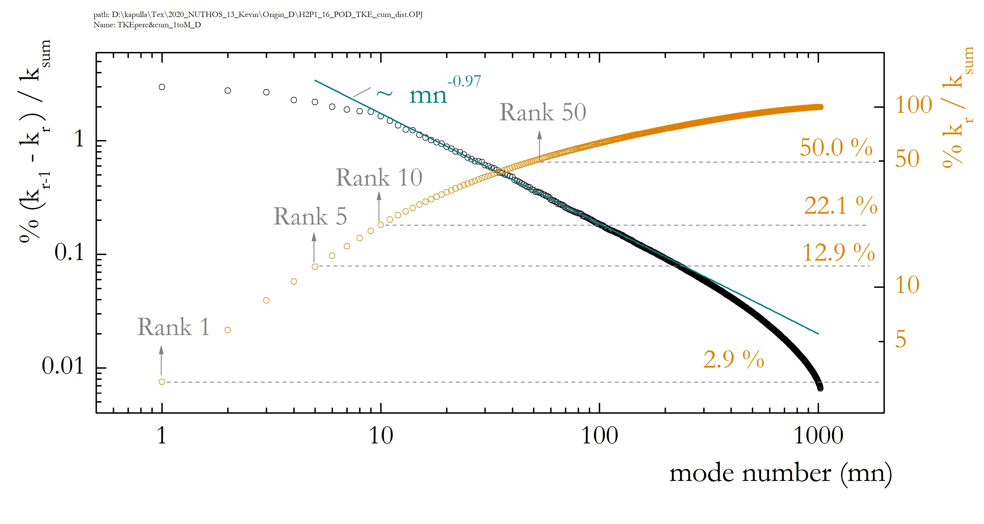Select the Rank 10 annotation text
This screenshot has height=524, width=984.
[379, 178]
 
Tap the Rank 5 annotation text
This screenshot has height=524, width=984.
[310, 216]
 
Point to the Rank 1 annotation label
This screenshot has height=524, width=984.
[173, 327]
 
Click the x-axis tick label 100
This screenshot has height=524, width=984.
[599, 436]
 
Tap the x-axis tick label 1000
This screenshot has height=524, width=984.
[818, 436]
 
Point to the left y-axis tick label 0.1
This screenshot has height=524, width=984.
[69, 253]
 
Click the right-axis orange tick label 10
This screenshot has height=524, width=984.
[907, 285]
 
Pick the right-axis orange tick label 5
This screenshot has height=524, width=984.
[901, 340]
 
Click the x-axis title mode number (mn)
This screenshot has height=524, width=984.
[780, 473]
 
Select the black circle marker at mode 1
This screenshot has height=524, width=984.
[162, 87]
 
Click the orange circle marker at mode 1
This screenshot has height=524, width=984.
[162, 382]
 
